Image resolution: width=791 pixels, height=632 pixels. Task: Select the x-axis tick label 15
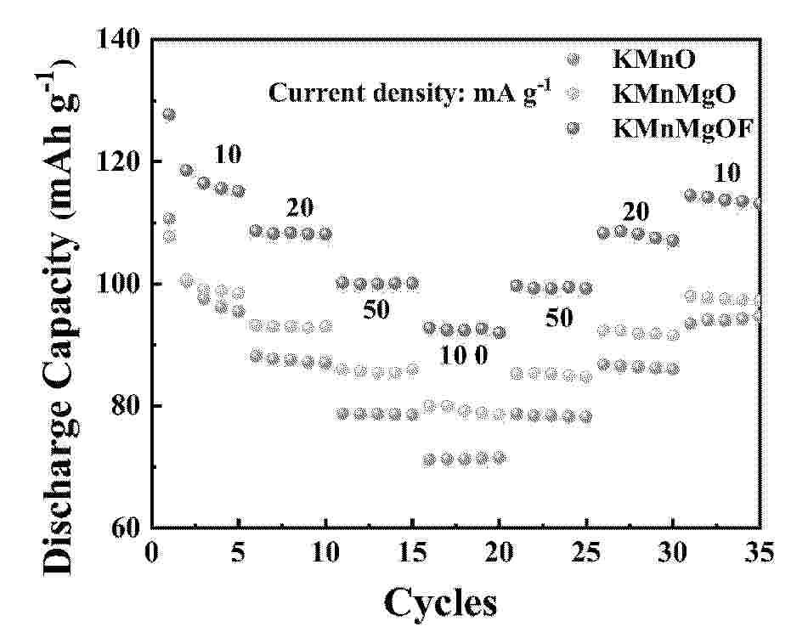point(412,553)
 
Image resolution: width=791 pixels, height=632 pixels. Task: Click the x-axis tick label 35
point(760,553)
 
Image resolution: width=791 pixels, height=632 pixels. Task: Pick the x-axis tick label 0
point(152,553)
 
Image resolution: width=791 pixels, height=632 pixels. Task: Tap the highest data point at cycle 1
point(169,115)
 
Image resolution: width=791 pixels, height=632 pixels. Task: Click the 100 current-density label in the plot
point(464,356)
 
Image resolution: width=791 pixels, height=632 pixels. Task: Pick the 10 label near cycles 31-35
point(726,173)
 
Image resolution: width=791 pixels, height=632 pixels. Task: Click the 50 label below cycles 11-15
point(376,310)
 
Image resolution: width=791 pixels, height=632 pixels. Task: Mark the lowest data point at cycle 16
point(429,460)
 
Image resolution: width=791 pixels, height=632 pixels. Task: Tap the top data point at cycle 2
point(186,170)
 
